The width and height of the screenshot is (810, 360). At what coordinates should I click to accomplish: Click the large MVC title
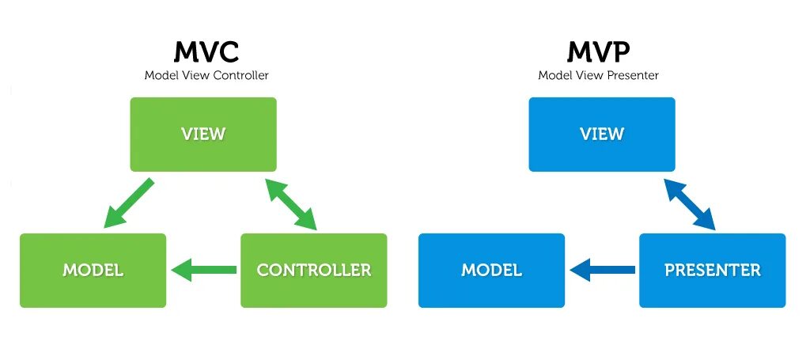coord(206,53)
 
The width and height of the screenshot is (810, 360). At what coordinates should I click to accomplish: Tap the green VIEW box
coord(203,134)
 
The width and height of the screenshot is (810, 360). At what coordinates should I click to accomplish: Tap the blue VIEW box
coord(602,134)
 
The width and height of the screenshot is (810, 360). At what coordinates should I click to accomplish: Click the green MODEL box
coord(93,270)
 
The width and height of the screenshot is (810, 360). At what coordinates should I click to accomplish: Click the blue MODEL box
coord(491,270)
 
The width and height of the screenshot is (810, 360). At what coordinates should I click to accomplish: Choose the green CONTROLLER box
coord(313,270)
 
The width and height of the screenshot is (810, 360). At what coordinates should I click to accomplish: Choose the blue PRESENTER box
coord(712,270)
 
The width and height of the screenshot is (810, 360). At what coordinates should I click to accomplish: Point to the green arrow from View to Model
coord(128,203)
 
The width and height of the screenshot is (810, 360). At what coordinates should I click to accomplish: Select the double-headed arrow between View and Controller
coord(291,204)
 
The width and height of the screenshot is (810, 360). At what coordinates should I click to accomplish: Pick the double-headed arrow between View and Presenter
coord(690,204)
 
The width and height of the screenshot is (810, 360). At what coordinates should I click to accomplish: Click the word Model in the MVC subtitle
coord(159,76)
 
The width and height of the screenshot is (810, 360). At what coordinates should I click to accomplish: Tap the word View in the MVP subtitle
coord(591,76)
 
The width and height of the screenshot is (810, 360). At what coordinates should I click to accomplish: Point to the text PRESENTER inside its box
coord(712,270)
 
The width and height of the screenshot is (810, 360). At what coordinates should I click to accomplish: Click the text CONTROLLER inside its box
coord(313,270)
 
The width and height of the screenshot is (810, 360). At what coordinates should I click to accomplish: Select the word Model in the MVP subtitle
coord(554,76)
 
